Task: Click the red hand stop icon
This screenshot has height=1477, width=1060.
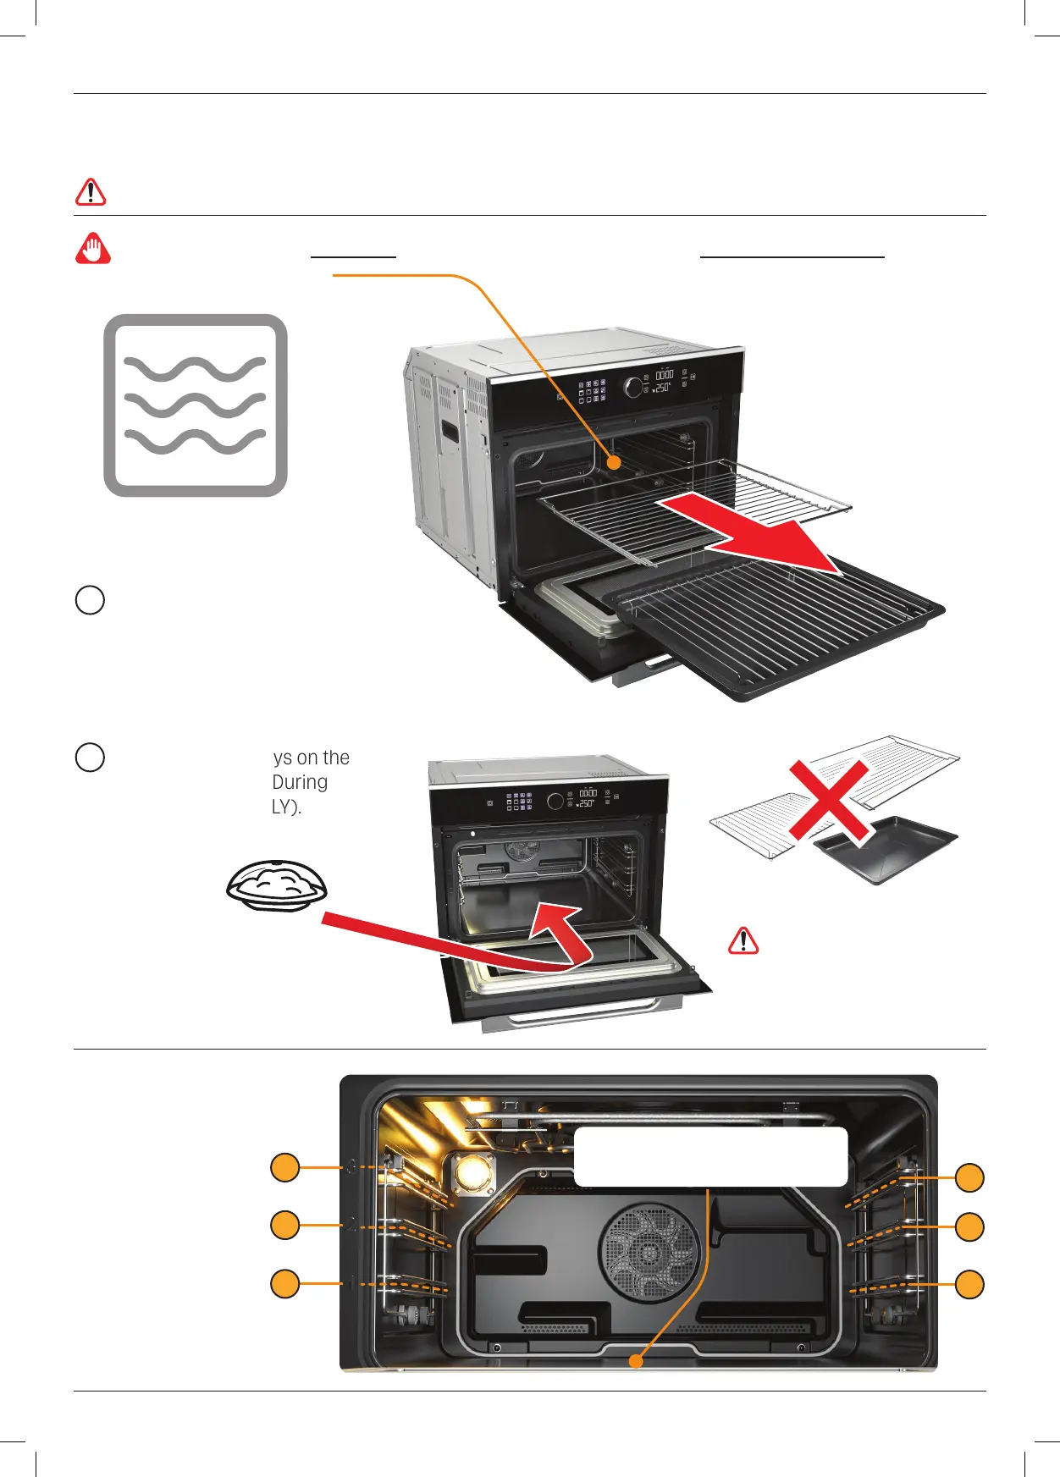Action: [x=93, y=249]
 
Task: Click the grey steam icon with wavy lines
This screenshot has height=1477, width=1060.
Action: [x=196, y=405]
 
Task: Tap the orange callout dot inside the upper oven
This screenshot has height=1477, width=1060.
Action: [x=615, y=463]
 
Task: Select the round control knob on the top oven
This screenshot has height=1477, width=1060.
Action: [x=633, y=387]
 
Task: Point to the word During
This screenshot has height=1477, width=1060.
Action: [x=300, y=782]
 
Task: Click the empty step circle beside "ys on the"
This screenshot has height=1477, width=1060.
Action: [x=91, y=757]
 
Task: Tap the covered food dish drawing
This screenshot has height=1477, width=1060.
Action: [x=277, y=885]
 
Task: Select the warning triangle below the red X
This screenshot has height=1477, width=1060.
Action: [x=743, y=940]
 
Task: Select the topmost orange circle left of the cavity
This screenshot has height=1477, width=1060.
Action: [x=285, y=1167]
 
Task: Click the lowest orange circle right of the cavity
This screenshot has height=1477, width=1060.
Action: [x=969, y=1284]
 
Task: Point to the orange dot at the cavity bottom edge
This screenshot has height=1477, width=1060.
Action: [x=636, y=1361]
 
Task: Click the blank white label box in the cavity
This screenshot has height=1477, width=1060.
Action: [x=710, y=1156]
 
